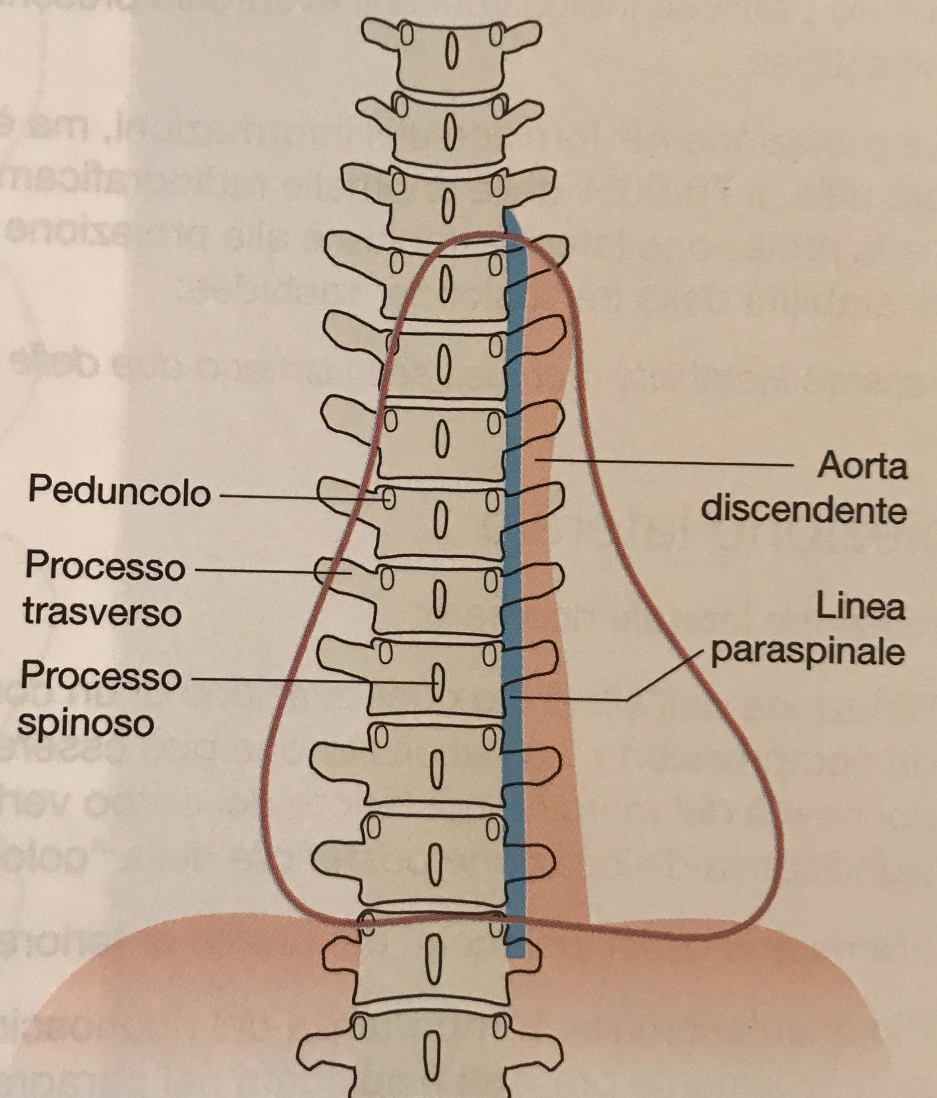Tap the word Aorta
[862, 467]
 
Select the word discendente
[804, 510]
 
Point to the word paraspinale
[807, 652]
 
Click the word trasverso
[102, 612]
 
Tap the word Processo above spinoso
[101, 677]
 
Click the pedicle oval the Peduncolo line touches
[389, 498]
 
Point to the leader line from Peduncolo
[297, 496]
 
